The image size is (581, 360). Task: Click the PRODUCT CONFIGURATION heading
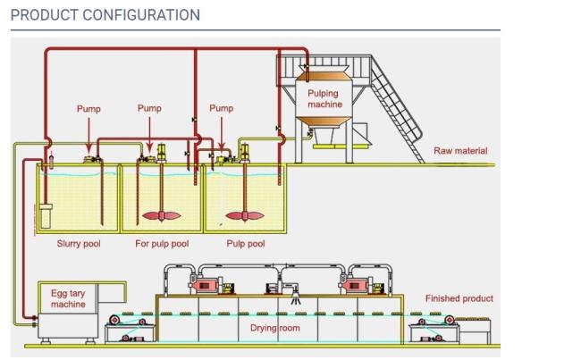point(105,15)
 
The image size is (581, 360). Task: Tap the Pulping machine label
point(324,99)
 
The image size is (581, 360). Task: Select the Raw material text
point(460,151)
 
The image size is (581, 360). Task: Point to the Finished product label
point(459,298)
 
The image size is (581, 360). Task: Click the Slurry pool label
point(79,244)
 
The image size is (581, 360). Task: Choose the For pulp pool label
point(162,244)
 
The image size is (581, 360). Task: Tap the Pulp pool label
point(246,244)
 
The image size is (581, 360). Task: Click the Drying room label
point(275,328)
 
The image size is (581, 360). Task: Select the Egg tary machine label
point(68,299)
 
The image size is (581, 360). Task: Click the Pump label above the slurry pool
point(88,109)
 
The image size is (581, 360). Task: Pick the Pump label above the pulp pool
point(221,108)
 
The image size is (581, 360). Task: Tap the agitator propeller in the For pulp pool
point(162,215)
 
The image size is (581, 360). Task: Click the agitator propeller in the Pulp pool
point(245,215)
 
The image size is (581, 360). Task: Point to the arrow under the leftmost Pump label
point(88,136)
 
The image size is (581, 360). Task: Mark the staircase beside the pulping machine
point(397,109)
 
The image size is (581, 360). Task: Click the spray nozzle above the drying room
point(295,297)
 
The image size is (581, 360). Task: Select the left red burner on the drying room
point(205,286)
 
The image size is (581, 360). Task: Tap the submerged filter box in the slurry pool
point(46,216)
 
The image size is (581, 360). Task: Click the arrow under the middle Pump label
point(149,135)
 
